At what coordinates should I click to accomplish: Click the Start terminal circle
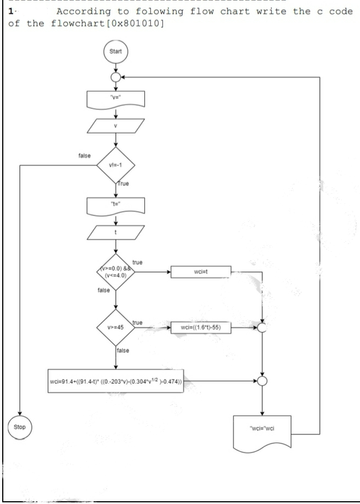(x=115, y=53)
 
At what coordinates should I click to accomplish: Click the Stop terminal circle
(x=20, y=426)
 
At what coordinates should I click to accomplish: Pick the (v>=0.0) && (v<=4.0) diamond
(x=115, y=272)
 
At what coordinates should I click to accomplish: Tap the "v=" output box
(x=115, y=100)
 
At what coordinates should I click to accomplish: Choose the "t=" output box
(x=115, y=206)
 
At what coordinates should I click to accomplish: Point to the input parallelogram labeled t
(x=115, y=232)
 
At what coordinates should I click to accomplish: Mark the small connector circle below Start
(x=115, y=77)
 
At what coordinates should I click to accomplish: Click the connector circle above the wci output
(x=262, y=380)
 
